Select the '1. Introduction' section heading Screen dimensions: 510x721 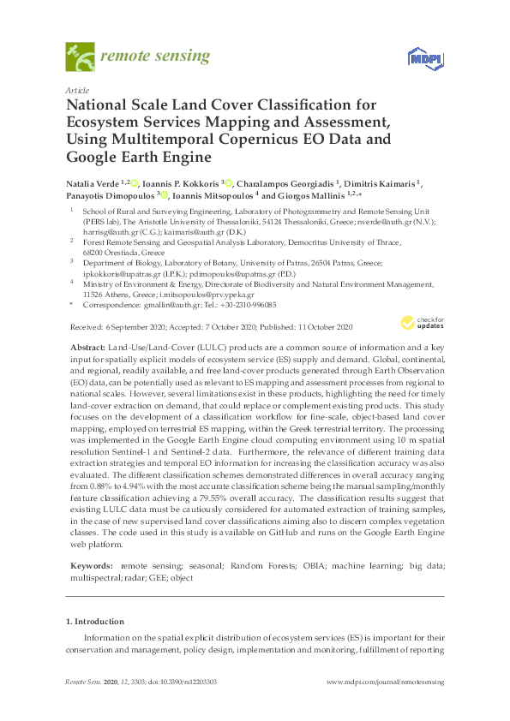point(94,622)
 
